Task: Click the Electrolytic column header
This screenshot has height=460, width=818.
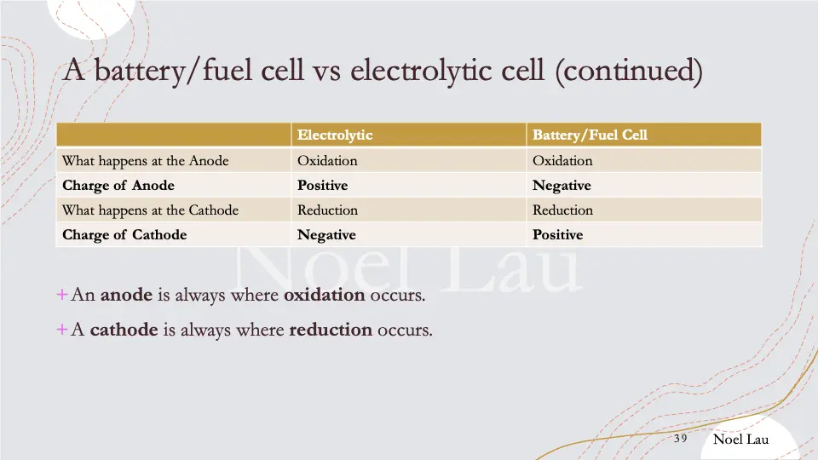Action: point(335,135)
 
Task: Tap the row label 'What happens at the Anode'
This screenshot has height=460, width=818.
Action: point(145,160)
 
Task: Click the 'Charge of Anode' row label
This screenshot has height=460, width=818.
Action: point(118,186)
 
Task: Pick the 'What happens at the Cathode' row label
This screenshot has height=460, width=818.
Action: point(150,210)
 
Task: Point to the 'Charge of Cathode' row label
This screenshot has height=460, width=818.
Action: point(124,235)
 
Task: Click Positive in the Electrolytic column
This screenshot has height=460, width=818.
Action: point(322,186)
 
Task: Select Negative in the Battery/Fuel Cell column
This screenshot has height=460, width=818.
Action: point(562,186)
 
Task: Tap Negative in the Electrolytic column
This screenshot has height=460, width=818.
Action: point(326,235)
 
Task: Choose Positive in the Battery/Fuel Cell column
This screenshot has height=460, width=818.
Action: point(558,235)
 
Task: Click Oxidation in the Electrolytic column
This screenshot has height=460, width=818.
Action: point(327,160)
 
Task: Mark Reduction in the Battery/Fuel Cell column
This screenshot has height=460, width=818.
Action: point(563,210)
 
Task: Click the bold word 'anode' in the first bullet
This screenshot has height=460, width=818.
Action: point(126,296)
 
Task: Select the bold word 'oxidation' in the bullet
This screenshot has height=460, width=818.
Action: point(324,296)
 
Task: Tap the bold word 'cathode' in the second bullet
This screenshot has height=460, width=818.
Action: point(124,330)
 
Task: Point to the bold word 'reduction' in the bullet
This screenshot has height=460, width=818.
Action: point(331,330)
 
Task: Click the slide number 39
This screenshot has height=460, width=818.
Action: point(680,439)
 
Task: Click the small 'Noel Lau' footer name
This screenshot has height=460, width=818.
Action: point(740,439)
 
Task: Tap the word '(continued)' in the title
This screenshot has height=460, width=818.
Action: point(629,71)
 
